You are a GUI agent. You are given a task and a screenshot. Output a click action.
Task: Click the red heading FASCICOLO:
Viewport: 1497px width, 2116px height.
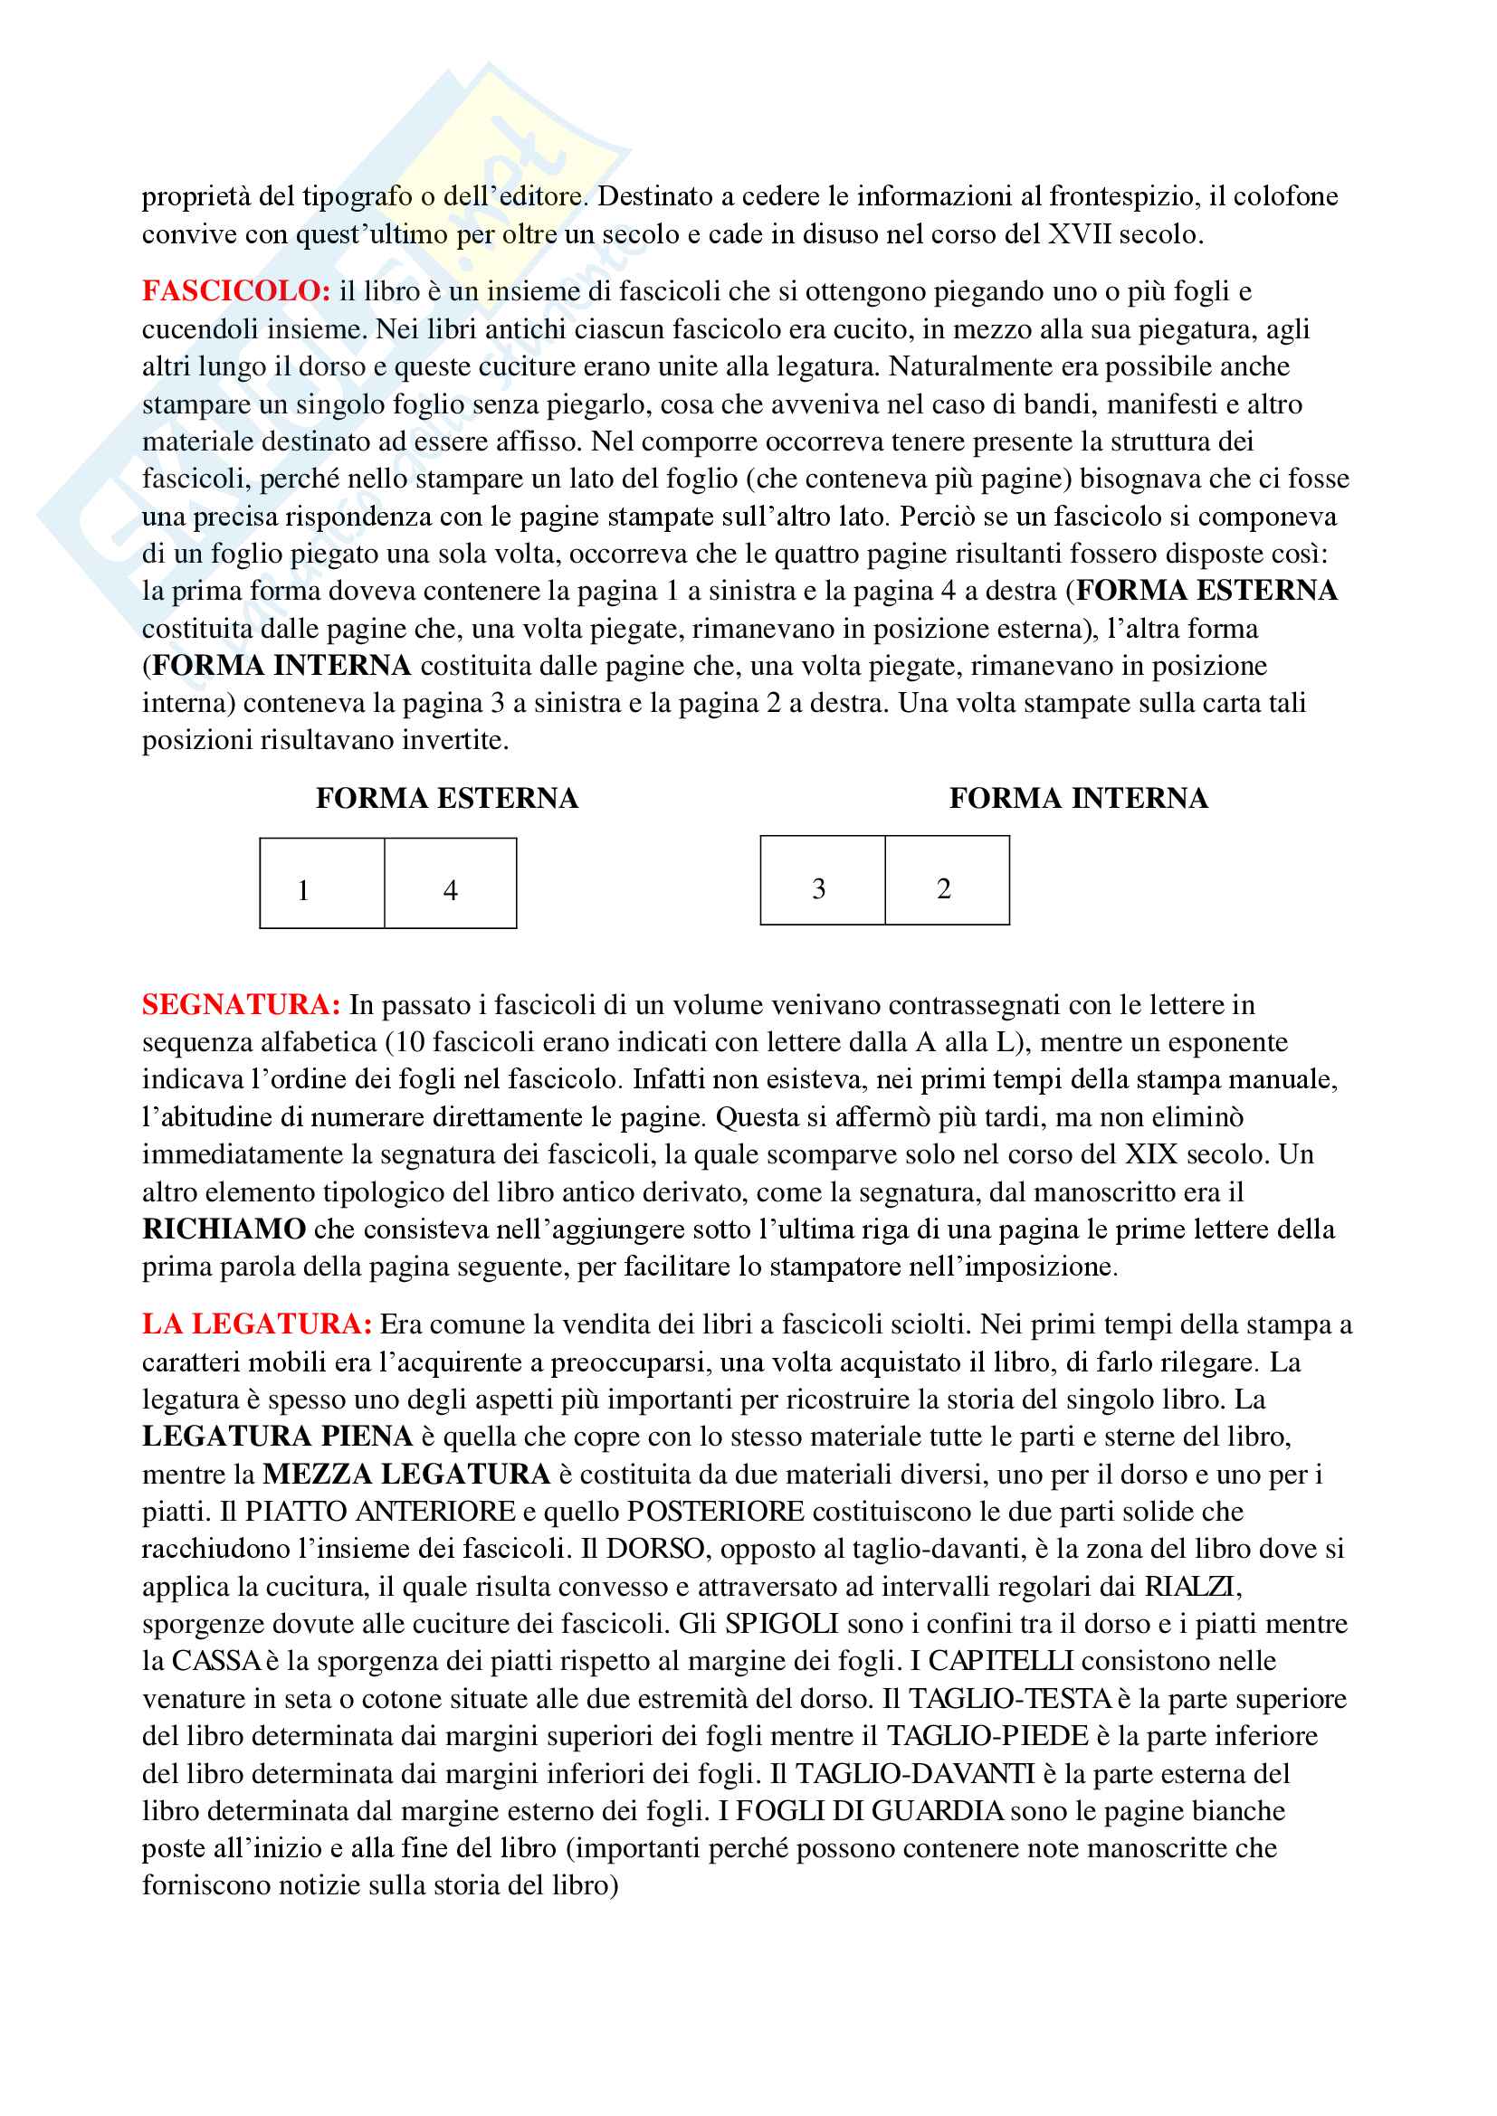click(x=236, y=291)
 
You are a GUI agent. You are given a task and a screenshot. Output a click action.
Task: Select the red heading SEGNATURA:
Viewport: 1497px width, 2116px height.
click(x=242, y=1004)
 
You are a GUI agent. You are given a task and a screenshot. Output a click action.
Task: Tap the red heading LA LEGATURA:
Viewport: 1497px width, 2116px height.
click(x=257, y=1324)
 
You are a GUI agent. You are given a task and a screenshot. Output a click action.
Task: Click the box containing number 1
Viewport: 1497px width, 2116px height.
click(x=321, y=883)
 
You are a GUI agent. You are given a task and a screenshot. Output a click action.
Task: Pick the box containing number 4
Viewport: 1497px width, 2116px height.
click(x=451, y=883)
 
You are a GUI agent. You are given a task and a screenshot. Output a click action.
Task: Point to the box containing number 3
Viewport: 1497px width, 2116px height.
click(x=822, y=880)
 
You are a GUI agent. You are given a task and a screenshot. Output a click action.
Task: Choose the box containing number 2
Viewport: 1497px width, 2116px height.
click(x=947, y=880)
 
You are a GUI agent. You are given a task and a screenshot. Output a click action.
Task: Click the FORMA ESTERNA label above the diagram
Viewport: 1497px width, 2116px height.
click(x=447, y=798)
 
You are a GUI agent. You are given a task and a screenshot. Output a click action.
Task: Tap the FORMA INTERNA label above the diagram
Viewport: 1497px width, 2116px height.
click(x=1079, y=798)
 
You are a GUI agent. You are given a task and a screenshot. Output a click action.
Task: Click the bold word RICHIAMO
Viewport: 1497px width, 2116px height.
click(x=224, y=1229)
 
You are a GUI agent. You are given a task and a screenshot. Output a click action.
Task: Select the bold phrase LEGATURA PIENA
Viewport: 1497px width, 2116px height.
click(x=278, y=1437)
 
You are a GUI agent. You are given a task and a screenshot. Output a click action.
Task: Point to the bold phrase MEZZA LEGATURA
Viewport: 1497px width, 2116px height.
click(x=406, y=1474)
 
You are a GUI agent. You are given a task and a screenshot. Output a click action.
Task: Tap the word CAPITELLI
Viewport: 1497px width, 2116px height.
click(x=1001, y=1661)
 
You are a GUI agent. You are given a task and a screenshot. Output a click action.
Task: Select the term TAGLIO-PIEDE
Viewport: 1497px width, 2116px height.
click(x=987, y=1735)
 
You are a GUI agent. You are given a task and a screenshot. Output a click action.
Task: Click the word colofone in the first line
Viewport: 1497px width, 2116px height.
click(x=1286, y=196)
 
